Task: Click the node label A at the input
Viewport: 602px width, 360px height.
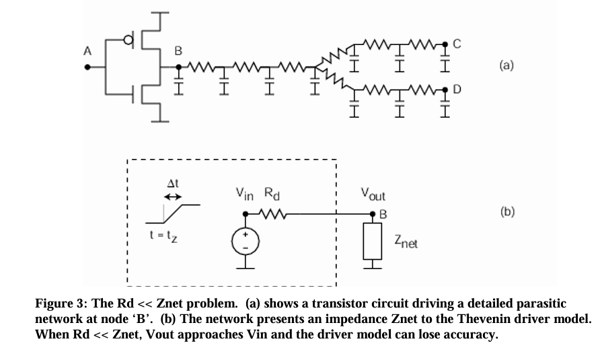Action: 85,50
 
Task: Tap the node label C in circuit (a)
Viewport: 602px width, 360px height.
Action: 457,44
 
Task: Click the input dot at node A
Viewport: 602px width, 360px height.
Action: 87,67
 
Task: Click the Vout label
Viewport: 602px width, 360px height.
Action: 374,195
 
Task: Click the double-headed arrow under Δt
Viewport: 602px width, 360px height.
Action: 173,197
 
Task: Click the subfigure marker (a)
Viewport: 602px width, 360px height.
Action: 506,65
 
